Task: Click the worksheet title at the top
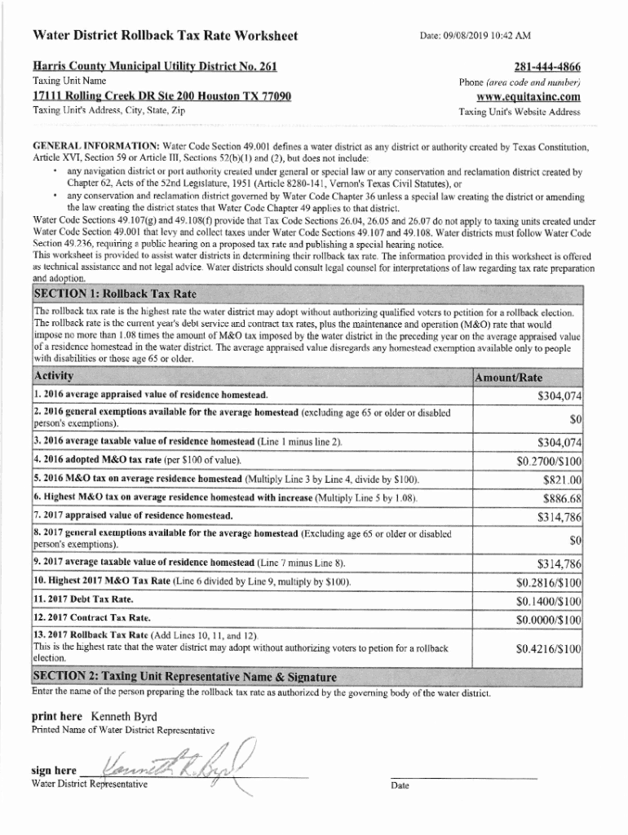[164, 36]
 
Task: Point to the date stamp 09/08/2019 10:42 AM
[475, 36]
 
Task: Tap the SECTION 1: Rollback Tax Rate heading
[114, 294]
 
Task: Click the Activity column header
[54, 376]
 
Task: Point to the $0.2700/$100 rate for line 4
[549, 461]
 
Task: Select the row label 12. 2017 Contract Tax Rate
[91, 618]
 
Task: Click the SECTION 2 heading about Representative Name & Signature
[184, 677]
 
